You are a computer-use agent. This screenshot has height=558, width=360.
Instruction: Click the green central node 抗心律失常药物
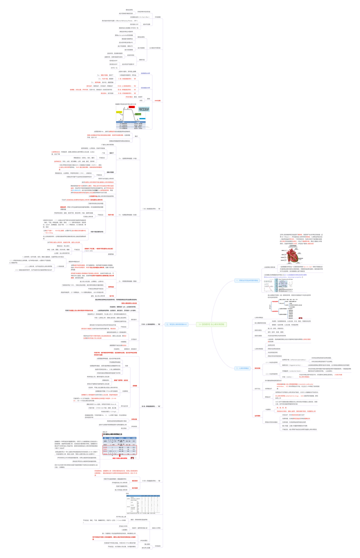point(211,324)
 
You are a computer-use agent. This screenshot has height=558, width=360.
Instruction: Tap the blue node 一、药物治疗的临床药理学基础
point(247,280)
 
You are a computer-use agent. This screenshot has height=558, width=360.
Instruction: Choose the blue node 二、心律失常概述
point(242,368)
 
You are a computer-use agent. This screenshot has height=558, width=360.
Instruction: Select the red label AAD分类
point(157,100)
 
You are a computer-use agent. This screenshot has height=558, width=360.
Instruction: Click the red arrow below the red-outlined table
point(132,458)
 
